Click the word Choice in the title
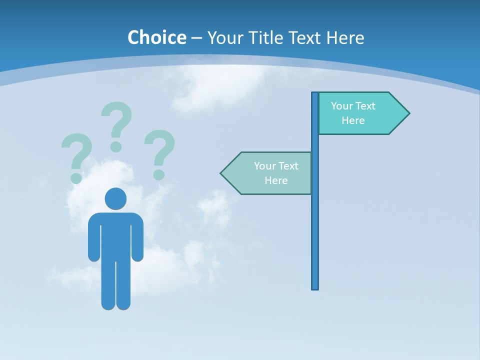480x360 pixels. click(156, 37)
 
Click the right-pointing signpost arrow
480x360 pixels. click(360, 113)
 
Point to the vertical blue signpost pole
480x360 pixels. click(315, 225)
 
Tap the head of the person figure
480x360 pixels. click(115, 198)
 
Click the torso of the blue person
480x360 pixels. click(115, 235)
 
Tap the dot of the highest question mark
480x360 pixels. click(116, 146)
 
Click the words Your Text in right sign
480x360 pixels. click(353, 106)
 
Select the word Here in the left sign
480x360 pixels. click(276, 180)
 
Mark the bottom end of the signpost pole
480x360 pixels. click(315, 287)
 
